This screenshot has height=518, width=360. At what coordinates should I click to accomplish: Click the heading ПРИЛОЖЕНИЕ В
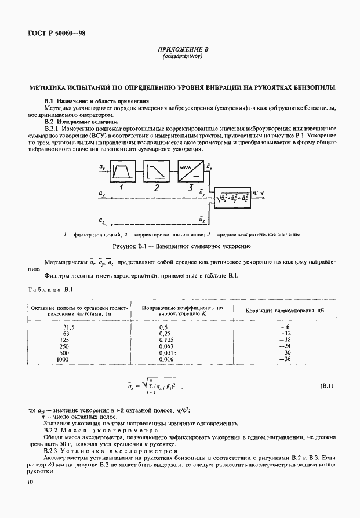(181, 50)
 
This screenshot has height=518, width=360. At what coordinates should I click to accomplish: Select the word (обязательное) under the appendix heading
(181, 57)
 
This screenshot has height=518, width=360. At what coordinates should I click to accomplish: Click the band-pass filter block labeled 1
(122, 170)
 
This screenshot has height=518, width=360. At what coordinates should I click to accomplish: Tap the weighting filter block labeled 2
(156, 170)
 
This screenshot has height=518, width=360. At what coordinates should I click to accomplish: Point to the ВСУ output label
(259, 192)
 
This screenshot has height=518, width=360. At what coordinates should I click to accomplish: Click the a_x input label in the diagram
(102, 167)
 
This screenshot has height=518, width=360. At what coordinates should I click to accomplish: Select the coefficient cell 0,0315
(152, 352)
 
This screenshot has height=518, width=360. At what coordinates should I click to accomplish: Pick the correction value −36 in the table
(284, 359)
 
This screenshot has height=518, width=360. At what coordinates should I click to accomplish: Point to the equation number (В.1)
(328, 385)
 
